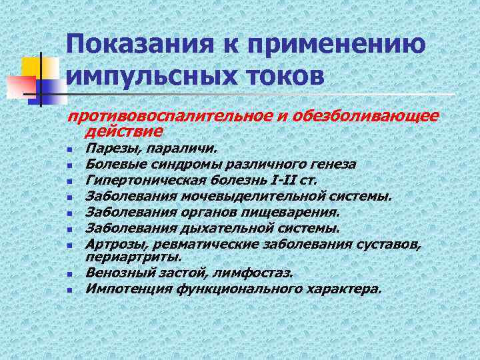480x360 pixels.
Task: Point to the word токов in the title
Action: [x=287, y=75]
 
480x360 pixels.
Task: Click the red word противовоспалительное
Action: [x=175, y=117]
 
